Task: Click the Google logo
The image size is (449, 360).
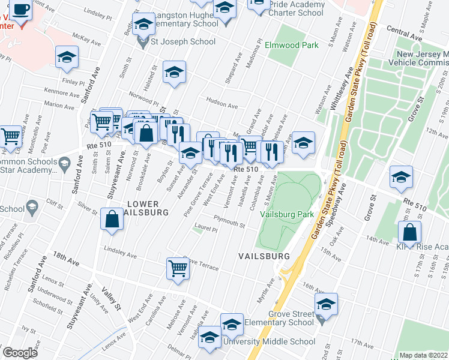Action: [x=20, y=353]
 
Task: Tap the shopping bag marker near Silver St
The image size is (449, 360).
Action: [x=112, y=218]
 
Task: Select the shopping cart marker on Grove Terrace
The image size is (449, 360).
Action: [x=178, y=268]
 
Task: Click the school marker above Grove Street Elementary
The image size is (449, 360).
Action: [x=326, y=304]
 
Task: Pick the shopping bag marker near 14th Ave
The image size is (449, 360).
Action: [x=409, y=232]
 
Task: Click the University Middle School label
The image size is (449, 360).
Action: [x=269, y=341]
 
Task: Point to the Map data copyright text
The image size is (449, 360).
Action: [x=423, y=355]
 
